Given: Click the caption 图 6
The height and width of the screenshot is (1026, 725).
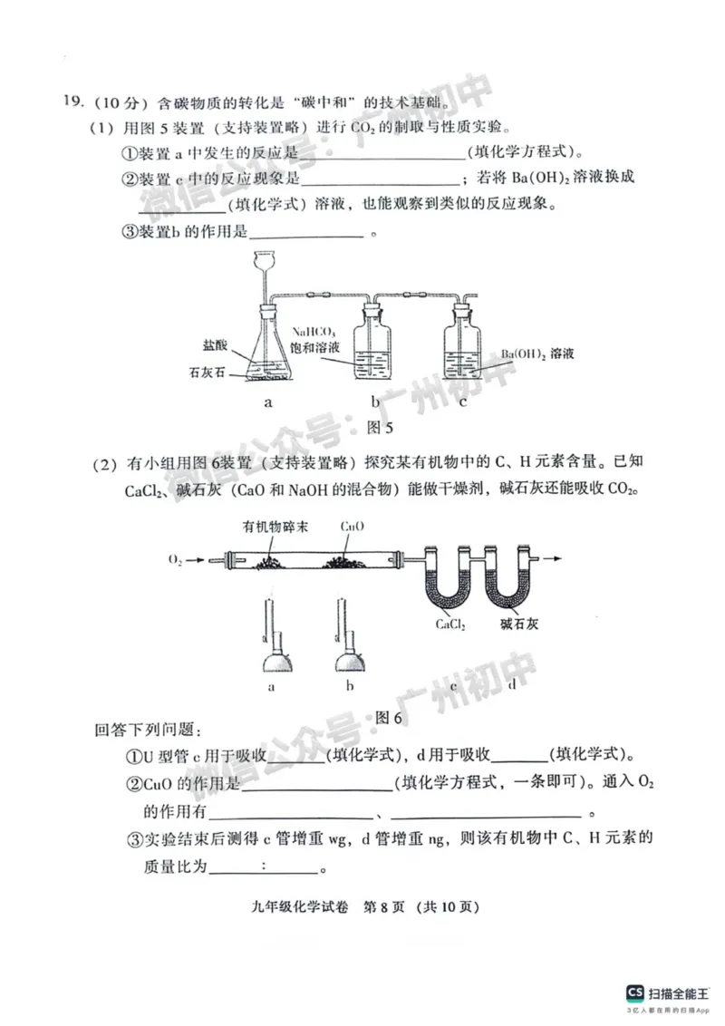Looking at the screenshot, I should point(387,718).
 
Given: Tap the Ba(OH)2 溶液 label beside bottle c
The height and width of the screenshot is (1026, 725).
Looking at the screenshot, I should point(537,353).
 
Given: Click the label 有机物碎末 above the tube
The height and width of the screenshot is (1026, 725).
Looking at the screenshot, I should point(273,527).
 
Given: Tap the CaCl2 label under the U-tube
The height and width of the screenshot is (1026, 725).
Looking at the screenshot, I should point(450,624).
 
